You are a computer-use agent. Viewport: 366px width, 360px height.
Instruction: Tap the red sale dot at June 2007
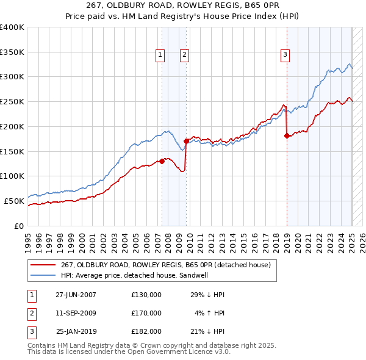162,161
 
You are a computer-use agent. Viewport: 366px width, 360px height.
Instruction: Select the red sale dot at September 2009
186,141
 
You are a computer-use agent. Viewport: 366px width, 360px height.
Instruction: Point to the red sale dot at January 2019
287,135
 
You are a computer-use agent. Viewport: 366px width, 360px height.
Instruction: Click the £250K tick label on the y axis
12,101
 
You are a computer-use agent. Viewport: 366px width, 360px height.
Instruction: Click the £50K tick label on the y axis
14,201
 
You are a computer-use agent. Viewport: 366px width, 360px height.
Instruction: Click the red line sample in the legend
43,265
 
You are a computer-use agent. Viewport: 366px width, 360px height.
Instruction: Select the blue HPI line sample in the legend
43,275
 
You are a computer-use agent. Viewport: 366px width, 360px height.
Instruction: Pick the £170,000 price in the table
146,314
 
